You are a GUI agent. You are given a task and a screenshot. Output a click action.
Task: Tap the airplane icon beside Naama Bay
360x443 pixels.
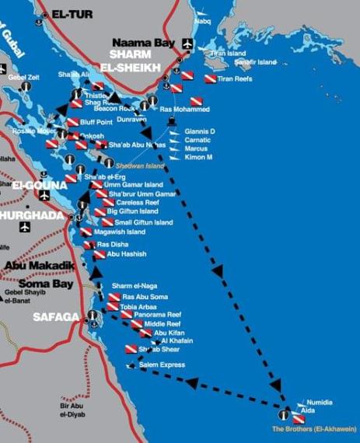tap(187, 42)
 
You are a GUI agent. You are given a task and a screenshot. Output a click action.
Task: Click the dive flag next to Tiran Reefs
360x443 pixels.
tap(210, 78)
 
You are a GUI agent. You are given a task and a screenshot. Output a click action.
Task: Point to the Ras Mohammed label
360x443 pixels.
tap(183, 109)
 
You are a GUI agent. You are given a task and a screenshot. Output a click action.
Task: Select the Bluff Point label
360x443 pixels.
tap(98, 122)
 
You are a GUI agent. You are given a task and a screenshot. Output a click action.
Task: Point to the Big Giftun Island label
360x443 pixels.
tap(132, 211)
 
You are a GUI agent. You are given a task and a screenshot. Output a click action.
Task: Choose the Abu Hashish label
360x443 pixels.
tap(126, 254)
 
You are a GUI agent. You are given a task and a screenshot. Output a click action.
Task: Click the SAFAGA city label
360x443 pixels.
tap(56, 317)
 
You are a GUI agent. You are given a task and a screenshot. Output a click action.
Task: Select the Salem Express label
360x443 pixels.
tap(161, 365)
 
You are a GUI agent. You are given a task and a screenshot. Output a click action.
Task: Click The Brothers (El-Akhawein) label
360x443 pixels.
tap(315, 428)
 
